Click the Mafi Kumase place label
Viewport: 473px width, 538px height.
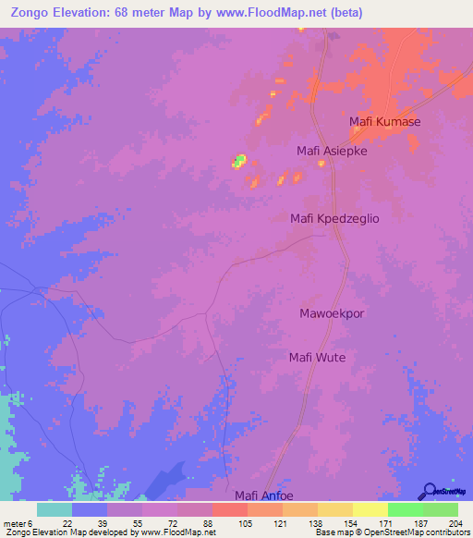[385, 122]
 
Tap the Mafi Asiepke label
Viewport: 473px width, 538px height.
[332, 151]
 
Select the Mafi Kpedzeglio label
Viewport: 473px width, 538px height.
[335, 219]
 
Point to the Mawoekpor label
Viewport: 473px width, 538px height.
[332, 313]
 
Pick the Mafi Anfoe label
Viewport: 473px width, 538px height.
[267, 495]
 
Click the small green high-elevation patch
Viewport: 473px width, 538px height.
[239, 162]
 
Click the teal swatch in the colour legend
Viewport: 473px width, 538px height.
[55, 509]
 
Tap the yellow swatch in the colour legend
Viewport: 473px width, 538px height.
[370, 509]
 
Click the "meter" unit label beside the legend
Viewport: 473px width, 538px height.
[14, 523]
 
